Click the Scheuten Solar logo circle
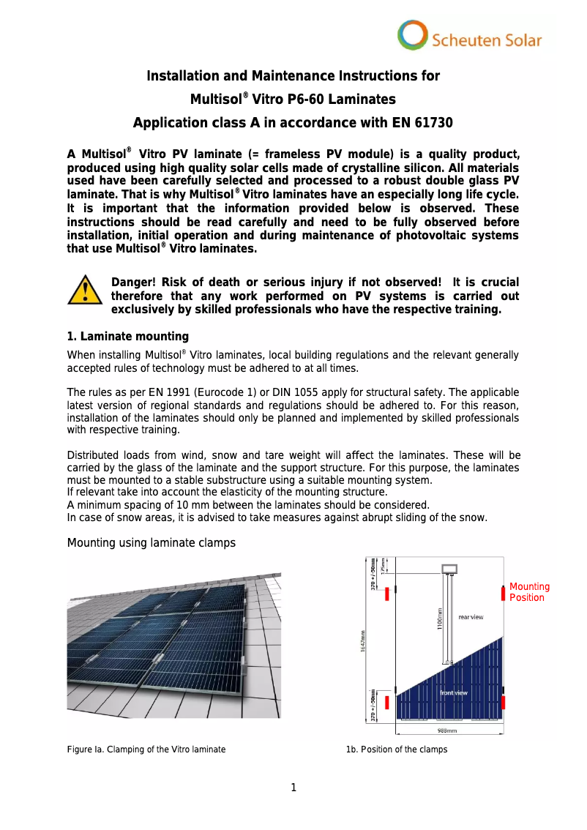[x=413, y=35]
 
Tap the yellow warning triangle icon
[x=86, y=290]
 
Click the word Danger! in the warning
[x=132, y=283]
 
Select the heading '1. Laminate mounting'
[x=127, y=337]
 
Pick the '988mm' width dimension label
[x=447, y=730]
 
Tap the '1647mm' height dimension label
[x=364, y=641]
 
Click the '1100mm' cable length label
[x=440, y=618]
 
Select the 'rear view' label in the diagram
[x=471, y=617]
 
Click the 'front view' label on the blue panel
[x=454, y=692]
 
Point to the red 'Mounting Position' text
[x=529, y=592]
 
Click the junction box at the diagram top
[x=449, y=569]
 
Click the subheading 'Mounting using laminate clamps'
[x=152, y=542]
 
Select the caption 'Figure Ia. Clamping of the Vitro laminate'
[x=146, y=749]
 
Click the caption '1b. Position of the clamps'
[x=397, y=749]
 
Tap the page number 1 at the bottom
[x=293, y=788]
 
